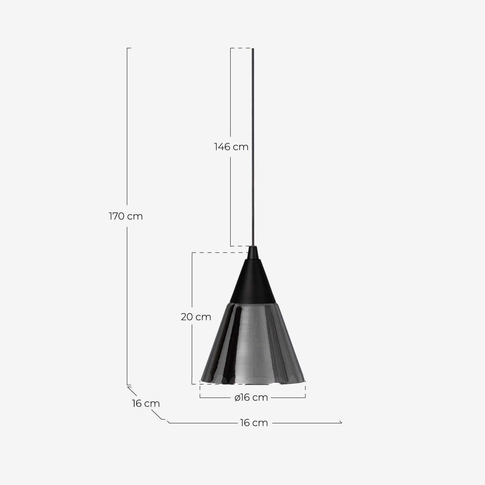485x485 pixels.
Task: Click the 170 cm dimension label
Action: (x=126, y=216)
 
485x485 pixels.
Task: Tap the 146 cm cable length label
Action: (x=231, y=147)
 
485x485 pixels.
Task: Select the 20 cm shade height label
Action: (x=196, y=317)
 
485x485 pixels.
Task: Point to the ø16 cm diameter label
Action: (x=251, y=397)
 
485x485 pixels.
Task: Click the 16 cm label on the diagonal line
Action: (x=146, y=404)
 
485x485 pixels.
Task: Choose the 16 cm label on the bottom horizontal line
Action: (x=254, y=423)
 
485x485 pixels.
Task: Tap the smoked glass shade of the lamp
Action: (x=259, y=343)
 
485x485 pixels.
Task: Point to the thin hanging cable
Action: (x=253, y=145)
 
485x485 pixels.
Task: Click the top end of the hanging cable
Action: (x=253, y=49)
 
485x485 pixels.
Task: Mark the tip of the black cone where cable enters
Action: (x=253, y=247)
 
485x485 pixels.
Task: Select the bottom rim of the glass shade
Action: (x=253, y=383)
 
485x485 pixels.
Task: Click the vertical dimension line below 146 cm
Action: (x=231, y=200)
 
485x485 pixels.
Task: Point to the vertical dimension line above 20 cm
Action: (x=192, y=281)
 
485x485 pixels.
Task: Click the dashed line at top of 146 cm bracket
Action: (x=241, y=48)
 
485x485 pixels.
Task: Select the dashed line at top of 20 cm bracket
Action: (x=220, y=253)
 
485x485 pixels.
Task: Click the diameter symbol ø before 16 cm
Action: (x=237, y=397)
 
